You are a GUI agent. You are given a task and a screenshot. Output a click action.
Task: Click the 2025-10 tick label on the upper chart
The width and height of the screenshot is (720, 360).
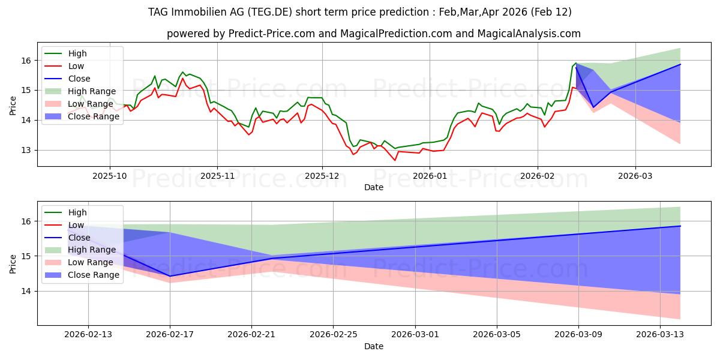click(109, 176)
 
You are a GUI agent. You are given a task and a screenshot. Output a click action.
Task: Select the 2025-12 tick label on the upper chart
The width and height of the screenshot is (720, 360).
click(322, 176)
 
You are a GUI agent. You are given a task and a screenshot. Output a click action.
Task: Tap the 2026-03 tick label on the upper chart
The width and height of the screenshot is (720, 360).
click(635, 176)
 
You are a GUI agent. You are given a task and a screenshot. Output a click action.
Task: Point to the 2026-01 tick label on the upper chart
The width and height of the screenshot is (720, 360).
click(430, 176)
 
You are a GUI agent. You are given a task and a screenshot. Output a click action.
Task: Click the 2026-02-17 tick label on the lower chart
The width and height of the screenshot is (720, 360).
click(170, 335)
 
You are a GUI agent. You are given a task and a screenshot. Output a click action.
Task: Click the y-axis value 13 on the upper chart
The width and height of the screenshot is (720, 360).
click(27, 150)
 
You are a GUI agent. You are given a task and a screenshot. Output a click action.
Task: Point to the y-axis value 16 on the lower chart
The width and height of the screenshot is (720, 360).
click(27, 221)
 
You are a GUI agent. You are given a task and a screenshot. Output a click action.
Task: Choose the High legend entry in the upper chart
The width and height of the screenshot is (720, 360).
click(77, 53)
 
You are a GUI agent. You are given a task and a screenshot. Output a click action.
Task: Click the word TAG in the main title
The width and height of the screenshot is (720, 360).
click(158, 12)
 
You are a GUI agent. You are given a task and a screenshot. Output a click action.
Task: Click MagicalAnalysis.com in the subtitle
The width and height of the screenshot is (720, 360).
click(529, 34)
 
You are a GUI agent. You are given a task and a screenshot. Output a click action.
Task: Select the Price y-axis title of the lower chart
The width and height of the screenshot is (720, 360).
click(13, 263)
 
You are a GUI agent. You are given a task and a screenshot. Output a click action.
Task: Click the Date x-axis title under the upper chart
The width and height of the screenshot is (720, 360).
click(373, 187)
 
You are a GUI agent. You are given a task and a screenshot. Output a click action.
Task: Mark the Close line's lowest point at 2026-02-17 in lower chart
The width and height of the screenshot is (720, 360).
click(170, 276)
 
